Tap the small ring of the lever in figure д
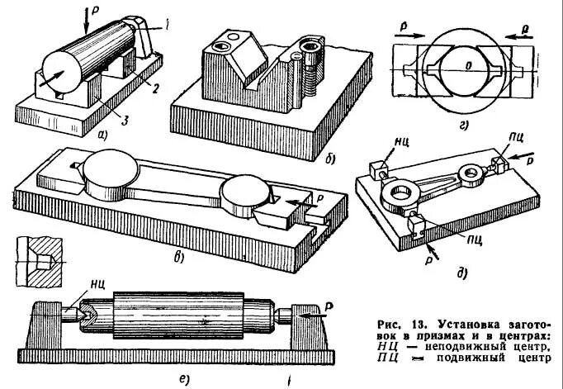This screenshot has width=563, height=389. pyautogui.click(x=473, y=173)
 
